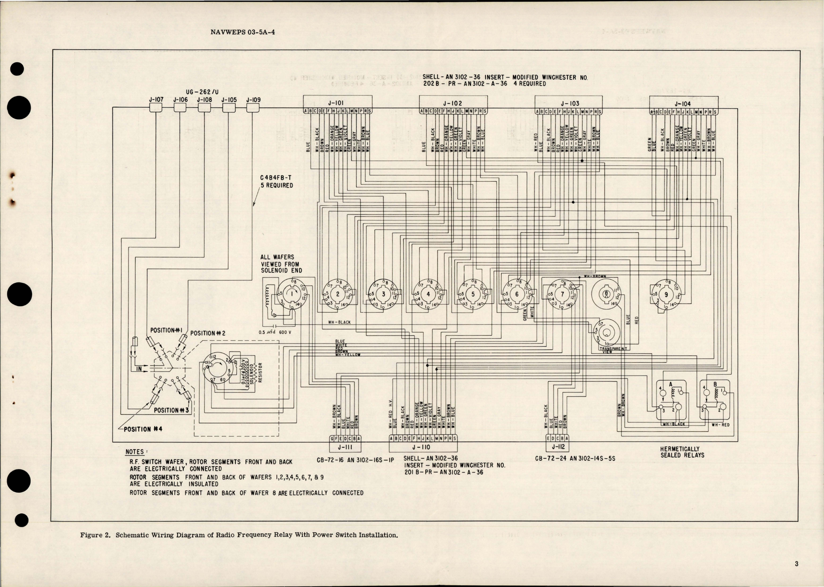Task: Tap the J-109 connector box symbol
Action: [x=253, y=107]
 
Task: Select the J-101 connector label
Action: [x=337, y=103]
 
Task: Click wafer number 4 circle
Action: [x=428, y=294]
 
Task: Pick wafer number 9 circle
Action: [x=666, y=294]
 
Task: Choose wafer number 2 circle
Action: [x=338, y=294]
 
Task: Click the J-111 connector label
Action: [x=345, y=447]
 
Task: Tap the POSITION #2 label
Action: [x=208, y=333]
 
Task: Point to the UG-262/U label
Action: [x=203, y=92]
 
